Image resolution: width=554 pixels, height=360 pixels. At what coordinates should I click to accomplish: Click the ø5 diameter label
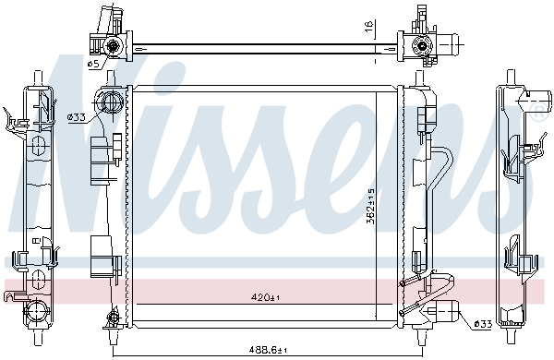point(92,64)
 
